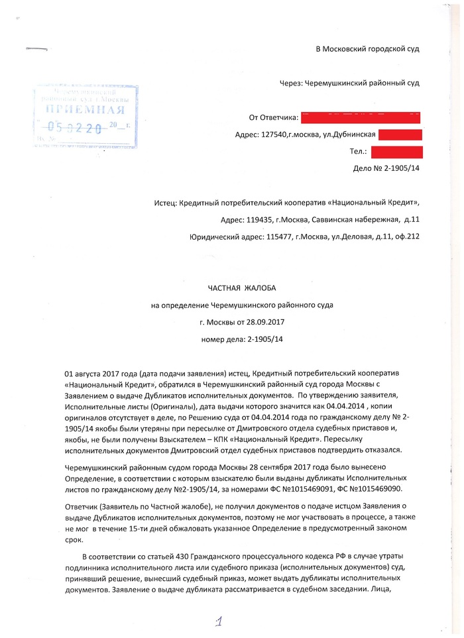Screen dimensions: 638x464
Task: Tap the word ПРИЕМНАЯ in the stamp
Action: pyautogui.click(x=81, y=109)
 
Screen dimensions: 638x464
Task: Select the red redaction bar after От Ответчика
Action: pyautogui.click(x=360, y=118)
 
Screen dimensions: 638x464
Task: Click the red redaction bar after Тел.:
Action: pyautogui.click(x=396, y=152)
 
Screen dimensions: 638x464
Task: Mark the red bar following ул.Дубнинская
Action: pyautogui.click(x=400, y=135)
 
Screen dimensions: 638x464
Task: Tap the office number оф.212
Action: pyautogui.click(x=408, y=237)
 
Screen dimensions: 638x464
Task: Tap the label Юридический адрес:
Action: pyautogui.click(x=225, y=237)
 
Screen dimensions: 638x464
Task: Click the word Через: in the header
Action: pyautogui.click(x=291, y=83)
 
